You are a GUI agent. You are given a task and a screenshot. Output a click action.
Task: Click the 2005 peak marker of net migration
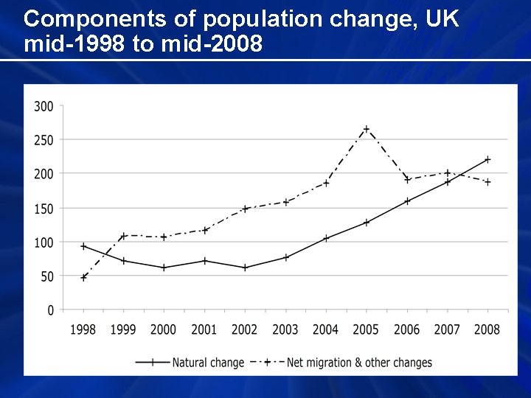point(366,129)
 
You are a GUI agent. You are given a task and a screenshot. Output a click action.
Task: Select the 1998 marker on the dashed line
point(83,278)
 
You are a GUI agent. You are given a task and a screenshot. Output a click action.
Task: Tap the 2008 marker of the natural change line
point(487,159)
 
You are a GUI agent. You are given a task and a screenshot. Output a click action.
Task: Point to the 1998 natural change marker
point(83,246)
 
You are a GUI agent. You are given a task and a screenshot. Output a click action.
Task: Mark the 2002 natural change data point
point(245,268)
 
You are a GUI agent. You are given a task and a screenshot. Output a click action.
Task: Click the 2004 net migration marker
point(325,183)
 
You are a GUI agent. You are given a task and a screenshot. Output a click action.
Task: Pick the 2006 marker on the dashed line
point(406,179)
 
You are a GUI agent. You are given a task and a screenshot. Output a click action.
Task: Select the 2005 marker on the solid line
point(366,222)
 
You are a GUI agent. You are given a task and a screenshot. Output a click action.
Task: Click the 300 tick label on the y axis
point(44,106)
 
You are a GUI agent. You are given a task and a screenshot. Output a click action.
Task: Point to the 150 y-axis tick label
point(44,209)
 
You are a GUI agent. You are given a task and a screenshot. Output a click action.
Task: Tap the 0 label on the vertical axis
point(50,310)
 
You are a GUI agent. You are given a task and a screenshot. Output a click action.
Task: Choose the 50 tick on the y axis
point(46,276)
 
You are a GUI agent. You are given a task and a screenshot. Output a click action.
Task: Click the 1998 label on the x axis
point(83,329)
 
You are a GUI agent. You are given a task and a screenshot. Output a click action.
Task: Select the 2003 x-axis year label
point(285,329)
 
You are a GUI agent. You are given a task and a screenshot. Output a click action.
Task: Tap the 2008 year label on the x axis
point(487,329)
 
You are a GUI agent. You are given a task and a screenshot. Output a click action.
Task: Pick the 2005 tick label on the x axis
point(366,329)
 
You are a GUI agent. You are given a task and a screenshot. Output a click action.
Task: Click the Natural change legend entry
point(207,363)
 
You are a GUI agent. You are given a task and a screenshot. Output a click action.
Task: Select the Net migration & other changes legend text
point(359,363)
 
